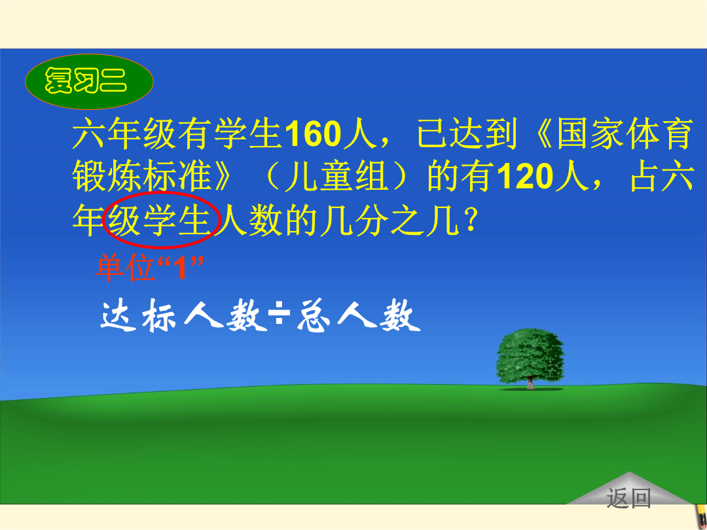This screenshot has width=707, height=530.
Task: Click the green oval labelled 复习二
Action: (89, 82)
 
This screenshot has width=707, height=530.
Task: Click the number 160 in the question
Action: (313, 134)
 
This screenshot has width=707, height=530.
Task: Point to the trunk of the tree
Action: (531, 383)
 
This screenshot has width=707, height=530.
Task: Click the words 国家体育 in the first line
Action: (625, 134)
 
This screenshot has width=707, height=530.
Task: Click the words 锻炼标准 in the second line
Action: (141, 177)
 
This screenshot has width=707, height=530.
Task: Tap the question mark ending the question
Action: (469, 221)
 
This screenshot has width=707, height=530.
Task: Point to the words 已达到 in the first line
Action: (466, 134)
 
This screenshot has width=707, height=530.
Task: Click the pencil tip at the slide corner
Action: (700, 516)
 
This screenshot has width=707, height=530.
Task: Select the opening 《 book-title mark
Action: (542, 134)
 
